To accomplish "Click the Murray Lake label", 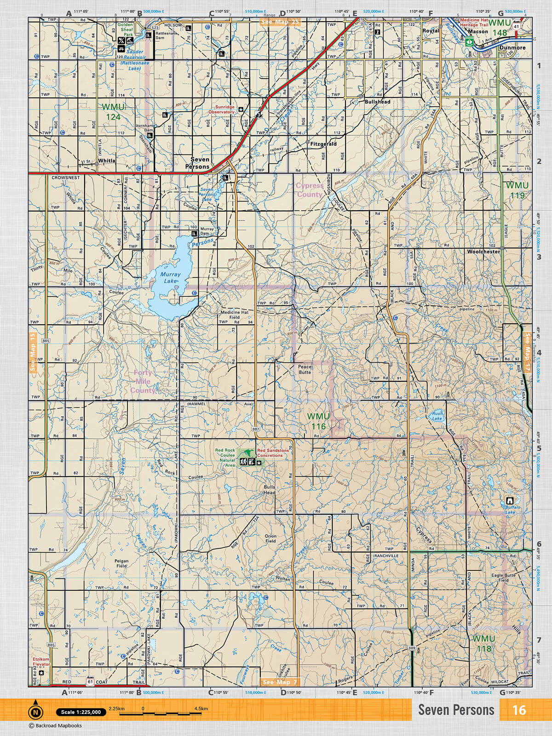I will [170, 277].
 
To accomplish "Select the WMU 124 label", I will [113, 112].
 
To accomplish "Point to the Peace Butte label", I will [305, 369].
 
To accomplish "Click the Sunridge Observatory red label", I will [222, 109].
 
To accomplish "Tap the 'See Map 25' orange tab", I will [280, 22].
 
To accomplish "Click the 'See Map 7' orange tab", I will [280, 682].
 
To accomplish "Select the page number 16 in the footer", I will [519, 710].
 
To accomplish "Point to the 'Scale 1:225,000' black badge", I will [81, 712].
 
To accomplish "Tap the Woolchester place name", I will [483, 252].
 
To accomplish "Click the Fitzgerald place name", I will [323, 144].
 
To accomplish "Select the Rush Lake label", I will [437, 416].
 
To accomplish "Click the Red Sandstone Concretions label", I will [273, 453].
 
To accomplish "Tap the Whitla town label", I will [107, 161].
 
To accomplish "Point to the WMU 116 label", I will [318, 421].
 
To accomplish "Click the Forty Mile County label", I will [143, 381].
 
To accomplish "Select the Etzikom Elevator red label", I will [41, 662].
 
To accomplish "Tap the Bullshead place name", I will [377, 102].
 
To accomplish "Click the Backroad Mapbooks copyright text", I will [55, 726].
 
